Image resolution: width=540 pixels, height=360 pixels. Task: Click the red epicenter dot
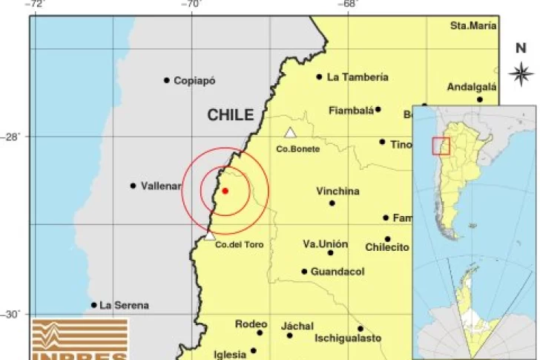click(225, 191)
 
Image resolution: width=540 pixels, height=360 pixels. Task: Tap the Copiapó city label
click(194, 80)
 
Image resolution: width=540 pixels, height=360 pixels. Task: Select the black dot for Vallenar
click(134, 186)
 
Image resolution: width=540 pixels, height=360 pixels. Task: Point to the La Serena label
click(124, 305)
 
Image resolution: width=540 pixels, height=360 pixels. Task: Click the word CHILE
click(230, 115)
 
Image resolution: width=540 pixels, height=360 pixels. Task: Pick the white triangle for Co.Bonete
click(290, 133)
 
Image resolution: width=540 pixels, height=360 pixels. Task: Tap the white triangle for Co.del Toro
click(210, 235)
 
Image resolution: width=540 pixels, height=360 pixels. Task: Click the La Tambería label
click(358, 76)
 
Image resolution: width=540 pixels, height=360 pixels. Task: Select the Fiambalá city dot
click(378, 109)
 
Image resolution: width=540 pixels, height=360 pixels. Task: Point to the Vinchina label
click(337, 191)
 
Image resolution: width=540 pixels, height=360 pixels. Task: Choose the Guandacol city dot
click(304, 272)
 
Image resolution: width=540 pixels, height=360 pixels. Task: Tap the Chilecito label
click(387, 247)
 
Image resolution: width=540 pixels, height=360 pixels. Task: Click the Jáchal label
click(297, 326)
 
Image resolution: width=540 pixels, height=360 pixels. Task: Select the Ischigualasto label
click(348, 338)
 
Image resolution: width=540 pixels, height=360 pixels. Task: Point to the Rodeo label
click(251, 324)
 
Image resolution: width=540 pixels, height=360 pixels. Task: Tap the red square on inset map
click(441, 145)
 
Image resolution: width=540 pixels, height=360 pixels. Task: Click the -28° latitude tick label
click(13, 137)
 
